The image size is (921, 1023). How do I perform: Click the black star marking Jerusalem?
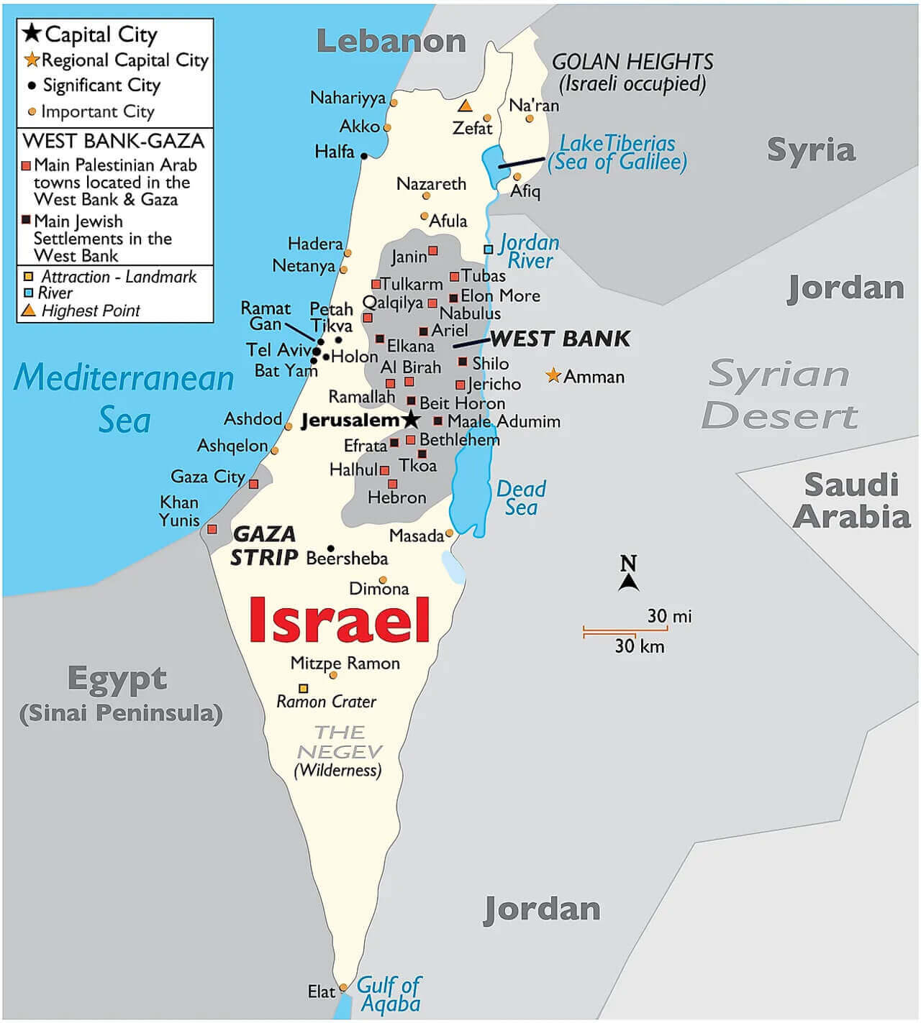click(411, 419)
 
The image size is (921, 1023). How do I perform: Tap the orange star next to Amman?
click(553, 375)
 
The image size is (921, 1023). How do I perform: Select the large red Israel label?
click(339, 620)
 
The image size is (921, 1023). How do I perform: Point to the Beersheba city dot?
click(331, 548)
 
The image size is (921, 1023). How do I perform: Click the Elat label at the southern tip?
click(321, 991)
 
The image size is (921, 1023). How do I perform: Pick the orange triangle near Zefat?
click(466, 106)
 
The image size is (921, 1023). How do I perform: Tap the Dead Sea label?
click(521, 497)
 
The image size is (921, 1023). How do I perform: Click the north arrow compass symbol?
click(628, 574)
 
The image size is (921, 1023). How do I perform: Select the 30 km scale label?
click(639, 646)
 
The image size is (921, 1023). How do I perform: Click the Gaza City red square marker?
click(253, 484)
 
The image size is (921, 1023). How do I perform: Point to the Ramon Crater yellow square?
click(304, 688)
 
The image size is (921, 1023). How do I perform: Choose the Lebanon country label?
click(391, 41)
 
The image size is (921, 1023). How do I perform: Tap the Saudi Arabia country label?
click(852, 500)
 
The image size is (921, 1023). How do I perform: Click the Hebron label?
click(396, 497)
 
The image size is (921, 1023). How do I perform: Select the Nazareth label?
click(431, 183)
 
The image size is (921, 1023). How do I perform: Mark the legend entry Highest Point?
click(90, 311)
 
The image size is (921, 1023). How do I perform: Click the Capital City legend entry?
click(100, 35)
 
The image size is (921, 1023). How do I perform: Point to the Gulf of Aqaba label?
click(389, 994)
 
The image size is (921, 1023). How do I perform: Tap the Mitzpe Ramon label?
click(345, 663)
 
